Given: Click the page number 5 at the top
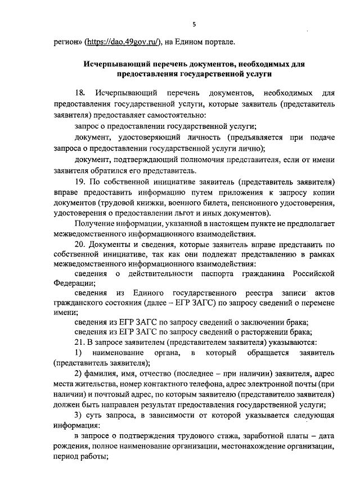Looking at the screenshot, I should coord(193,24).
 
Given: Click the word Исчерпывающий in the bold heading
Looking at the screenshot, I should coord(112,64).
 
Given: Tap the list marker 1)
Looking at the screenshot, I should coord(79,353).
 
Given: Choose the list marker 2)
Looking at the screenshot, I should coord(79,373).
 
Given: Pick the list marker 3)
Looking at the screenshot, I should coord(79,415).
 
